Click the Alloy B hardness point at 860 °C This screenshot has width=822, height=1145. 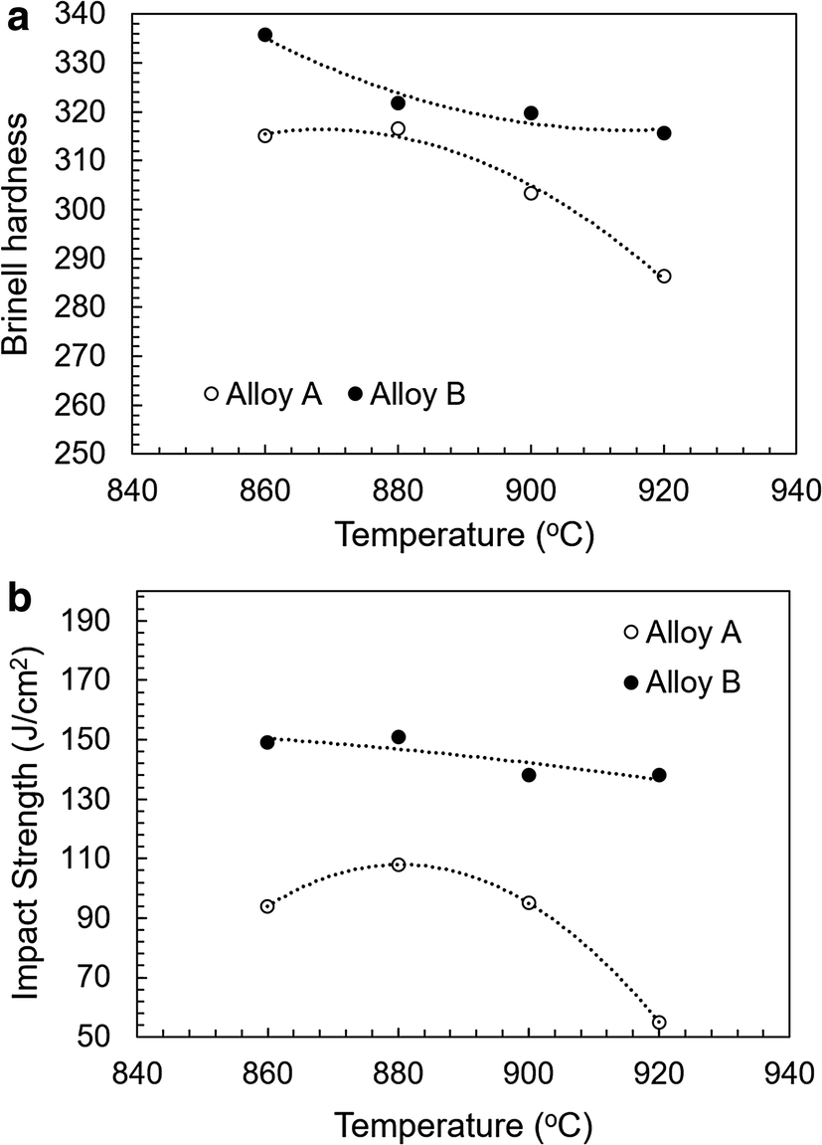pos(265,35)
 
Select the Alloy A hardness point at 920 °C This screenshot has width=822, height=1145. pos(664,277)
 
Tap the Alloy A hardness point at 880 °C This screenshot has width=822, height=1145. pos(399,129)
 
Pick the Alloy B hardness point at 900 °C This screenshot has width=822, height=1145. pos(531,113)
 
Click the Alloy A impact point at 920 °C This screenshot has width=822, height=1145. pos(659,1022)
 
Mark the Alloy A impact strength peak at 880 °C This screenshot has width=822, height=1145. pos(399,864)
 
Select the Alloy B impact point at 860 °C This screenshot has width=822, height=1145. pos(267,742)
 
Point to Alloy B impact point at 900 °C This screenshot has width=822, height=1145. pos(529,775)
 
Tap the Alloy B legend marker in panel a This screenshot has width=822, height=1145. pos(355,394)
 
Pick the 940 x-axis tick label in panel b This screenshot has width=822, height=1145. pos(789,1076)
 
